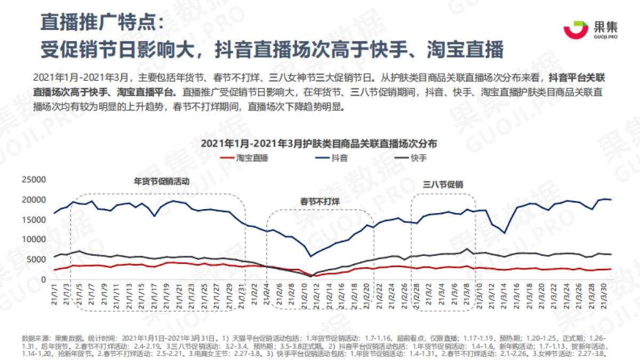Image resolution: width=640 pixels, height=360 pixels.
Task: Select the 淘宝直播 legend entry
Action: point(244,158)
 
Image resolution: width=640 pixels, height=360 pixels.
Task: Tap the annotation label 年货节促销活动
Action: point(161,181)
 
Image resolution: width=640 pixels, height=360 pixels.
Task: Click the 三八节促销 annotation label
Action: point(443,184)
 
